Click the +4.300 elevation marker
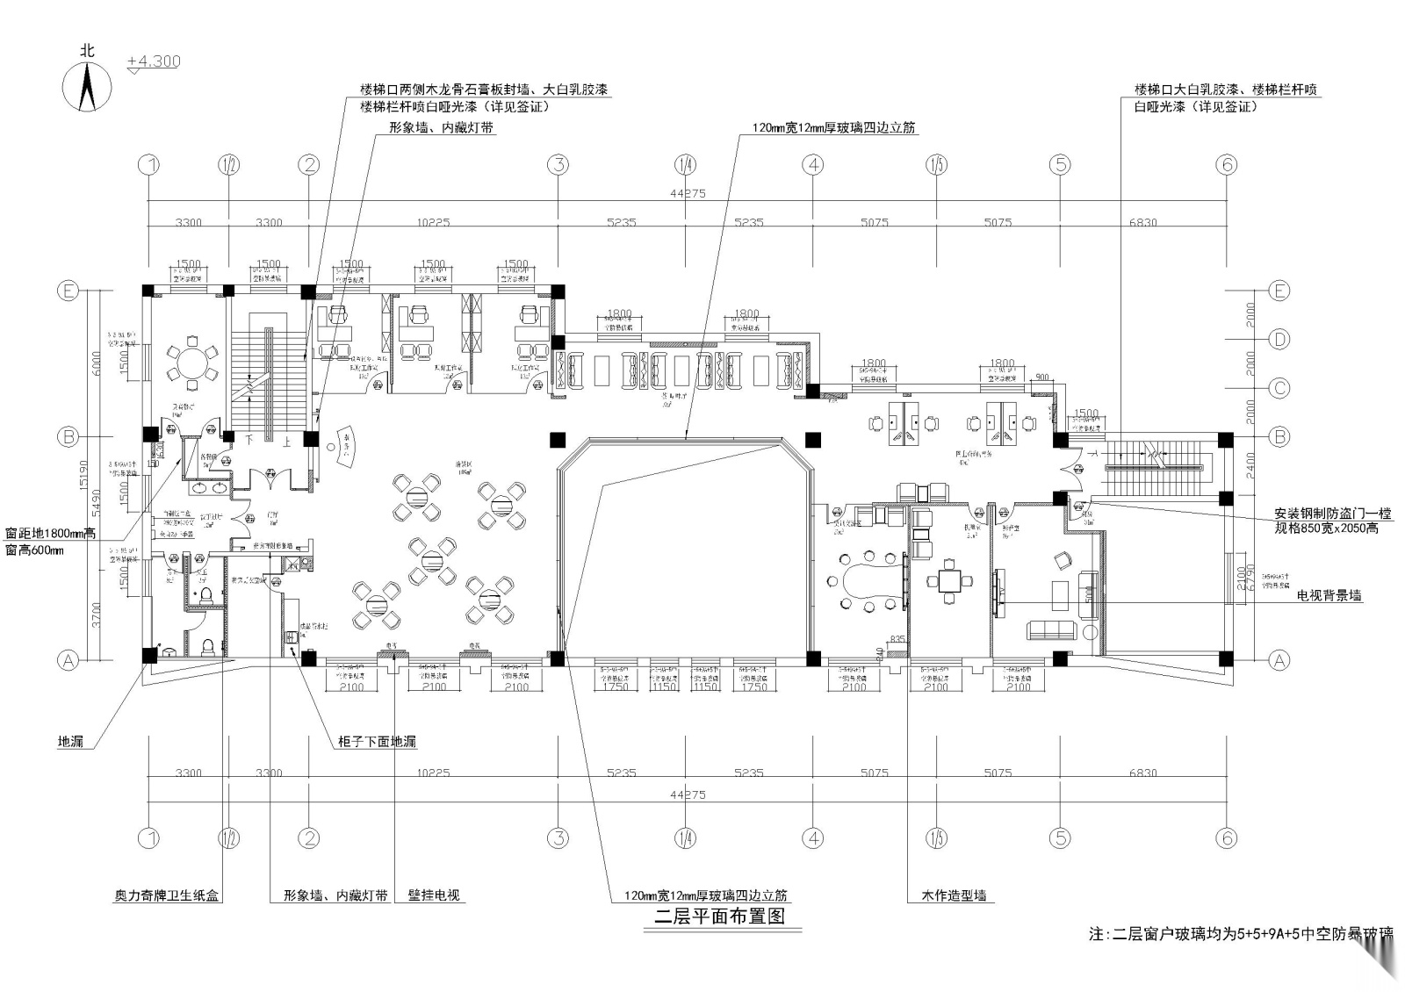coord(154,61)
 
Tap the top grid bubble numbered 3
coord(558,164)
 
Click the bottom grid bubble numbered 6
coord(1227,838)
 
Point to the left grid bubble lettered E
coord(68,291)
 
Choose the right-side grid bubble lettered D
coord(1279,339)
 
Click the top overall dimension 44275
coord(687,193)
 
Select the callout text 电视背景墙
coord(1329,595)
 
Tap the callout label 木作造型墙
coord(953,895)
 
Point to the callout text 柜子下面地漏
coord(377,742)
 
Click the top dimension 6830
coord(1142,222)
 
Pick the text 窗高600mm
coord(33,550)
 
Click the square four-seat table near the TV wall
coord(950,579)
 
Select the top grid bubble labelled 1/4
coord(686,164)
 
